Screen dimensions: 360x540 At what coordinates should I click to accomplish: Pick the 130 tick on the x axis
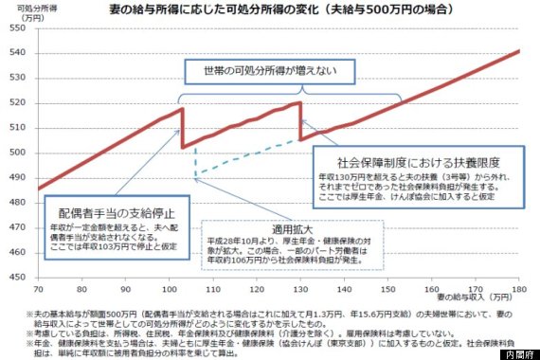click(301, 287)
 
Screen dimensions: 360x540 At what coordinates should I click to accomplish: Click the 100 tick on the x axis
click(171, 287)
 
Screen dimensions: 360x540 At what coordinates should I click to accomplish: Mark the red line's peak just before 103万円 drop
click(182, 109)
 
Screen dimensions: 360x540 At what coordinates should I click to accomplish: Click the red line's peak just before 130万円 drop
click(300, 102)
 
